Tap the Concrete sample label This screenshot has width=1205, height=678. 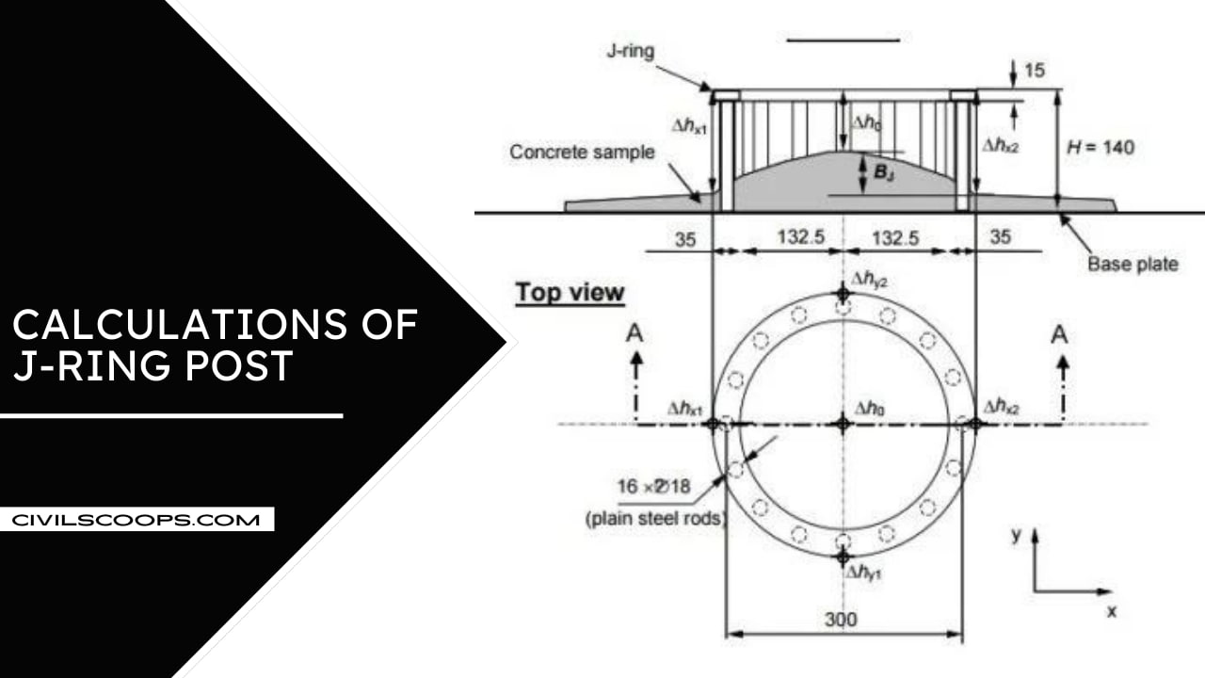point(582,152)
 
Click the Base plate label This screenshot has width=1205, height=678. point(1133,264)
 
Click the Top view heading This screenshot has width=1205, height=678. point(570,293)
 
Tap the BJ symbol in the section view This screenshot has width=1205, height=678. point(884,172)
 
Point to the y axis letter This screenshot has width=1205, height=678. point(1016,535)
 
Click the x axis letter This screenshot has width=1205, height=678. point(1111,611)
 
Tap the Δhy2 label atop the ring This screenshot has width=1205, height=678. point(869,279)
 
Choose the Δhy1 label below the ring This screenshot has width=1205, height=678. point(865,573)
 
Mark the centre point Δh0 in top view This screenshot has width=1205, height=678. point(843,424)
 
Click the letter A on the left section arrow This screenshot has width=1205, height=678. point(636,335)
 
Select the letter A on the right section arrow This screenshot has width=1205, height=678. point(1060,334)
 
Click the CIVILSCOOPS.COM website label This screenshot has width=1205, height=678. point(137,519)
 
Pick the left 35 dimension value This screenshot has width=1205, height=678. point(685,239)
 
